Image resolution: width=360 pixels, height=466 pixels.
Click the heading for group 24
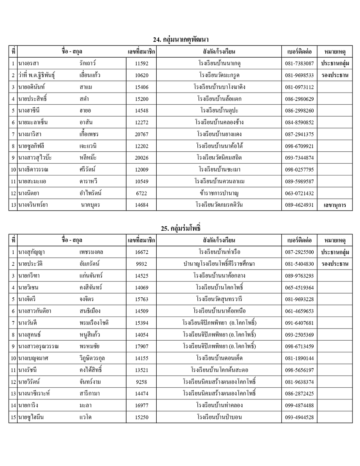(181, 40)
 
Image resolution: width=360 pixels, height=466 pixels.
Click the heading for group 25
(181, 228)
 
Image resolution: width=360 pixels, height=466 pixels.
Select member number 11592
(142, 64)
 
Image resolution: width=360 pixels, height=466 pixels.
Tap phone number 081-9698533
(299, 75)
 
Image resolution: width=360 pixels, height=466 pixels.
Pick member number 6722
(142, 193)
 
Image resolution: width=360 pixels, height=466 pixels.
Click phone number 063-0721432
(299, 193)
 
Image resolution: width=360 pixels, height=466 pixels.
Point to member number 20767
(142, 134)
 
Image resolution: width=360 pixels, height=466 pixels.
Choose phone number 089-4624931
(299, 205)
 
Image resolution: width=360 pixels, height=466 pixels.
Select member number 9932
(142, 264)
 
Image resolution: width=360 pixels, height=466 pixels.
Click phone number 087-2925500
(299, 252)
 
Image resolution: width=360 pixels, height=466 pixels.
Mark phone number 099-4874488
(299, 405)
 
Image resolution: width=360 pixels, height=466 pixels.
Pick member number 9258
(142, 382)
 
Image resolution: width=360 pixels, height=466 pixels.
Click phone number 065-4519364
(299, 288)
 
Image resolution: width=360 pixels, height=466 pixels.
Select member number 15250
(142, 417)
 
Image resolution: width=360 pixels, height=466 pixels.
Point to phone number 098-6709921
(299, 146)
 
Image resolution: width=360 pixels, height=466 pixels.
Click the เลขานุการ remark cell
(335, 205)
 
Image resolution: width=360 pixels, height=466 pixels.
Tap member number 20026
(142, 158)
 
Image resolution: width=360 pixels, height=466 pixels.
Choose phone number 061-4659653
(299, 311)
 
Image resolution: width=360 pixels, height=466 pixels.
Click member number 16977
(142, 405)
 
